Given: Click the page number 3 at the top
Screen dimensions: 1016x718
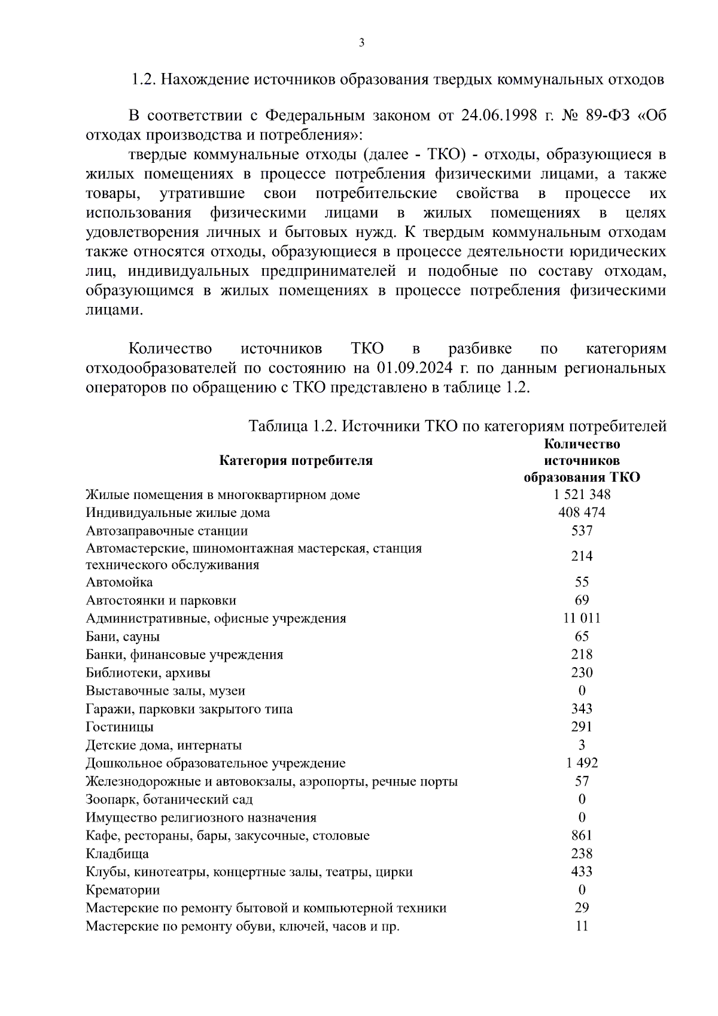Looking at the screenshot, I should (x=361, y=42).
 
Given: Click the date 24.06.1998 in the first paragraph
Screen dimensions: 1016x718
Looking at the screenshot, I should (x=499, y=115).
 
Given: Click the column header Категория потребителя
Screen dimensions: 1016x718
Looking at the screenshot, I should (x=296, y=460).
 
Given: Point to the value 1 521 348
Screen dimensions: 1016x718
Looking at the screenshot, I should (x=582, y=494).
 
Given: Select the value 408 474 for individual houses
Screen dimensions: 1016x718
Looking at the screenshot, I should (x=582, y=512).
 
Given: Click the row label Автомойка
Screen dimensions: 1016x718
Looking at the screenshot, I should (x=119, y=582).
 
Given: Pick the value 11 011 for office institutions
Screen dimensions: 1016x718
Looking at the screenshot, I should (x=582, y=618).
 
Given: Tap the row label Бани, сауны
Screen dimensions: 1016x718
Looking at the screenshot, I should (x=123, y=637).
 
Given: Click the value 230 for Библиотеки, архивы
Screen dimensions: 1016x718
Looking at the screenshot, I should (x=582, y=673).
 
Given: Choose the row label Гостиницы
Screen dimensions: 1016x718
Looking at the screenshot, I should (x=120, y=727).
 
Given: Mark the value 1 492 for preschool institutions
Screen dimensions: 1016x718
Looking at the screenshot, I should (x=582, y=763).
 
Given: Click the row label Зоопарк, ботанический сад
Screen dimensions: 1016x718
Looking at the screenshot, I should (x=169, y=799).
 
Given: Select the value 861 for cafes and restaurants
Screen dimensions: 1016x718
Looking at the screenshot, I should (x=582, y=835).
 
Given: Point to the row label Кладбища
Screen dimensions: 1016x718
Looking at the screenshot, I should (x=117, y=854).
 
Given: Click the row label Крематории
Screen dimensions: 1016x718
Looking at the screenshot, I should (x=123, y=890).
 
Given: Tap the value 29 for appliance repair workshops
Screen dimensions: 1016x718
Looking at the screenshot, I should (x=582, y=908).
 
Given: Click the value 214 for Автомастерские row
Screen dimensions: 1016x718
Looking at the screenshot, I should (x=582, y=556).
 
